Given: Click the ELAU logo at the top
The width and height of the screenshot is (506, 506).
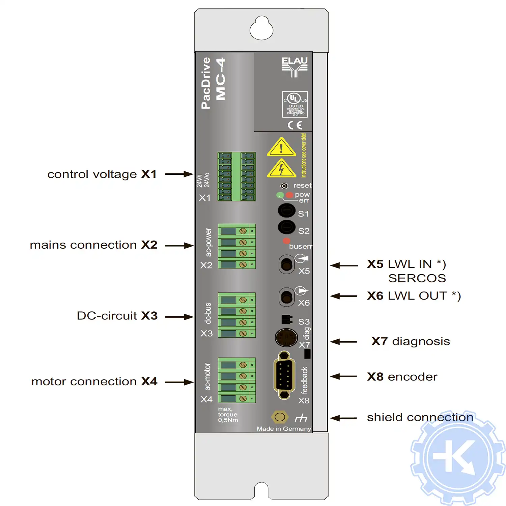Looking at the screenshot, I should (x=294, y=67).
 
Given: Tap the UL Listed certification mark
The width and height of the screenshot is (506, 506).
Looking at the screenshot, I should (x=295, y=104).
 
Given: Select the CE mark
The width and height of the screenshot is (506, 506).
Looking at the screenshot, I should (x=294, y=125).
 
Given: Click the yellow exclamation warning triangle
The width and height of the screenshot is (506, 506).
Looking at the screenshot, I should (x=281, y=148).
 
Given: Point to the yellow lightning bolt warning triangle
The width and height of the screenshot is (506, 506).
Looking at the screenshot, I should (x=281, y=169).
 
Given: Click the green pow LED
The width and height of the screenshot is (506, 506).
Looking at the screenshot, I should (x=280, y=195).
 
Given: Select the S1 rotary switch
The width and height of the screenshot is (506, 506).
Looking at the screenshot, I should (x=286, y=210).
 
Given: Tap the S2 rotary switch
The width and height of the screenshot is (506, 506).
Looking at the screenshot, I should (x=286, y=227).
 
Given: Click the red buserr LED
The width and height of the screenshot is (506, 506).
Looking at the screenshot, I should (x=286, y=241).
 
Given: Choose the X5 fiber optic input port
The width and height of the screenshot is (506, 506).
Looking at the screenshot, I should (x=286, y=264).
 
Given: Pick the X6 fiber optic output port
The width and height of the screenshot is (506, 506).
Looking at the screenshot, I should (x=286, y=297).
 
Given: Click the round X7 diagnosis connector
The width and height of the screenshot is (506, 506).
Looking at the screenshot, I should (x=286, y=337).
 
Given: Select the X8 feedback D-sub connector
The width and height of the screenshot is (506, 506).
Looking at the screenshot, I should (x=284, y=375).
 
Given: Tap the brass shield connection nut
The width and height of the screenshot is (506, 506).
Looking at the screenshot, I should (x=279, y=417).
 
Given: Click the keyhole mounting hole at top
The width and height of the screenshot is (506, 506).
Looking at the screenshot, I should (x=261, y=28).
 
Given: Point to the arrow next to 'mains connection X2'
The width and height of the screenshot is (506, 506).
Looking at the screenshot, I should (x=179, y=246).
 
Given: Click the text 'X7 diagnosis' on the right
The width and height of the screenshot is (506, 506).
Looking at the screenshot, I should (x=411, y=341).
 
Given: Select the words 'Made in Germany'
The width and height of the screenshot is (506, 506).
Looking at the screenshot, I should (x=284, y=429).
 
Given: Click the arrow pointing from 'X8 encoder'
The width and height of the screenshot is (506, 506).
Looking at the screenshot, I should (x=344, y=376).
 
